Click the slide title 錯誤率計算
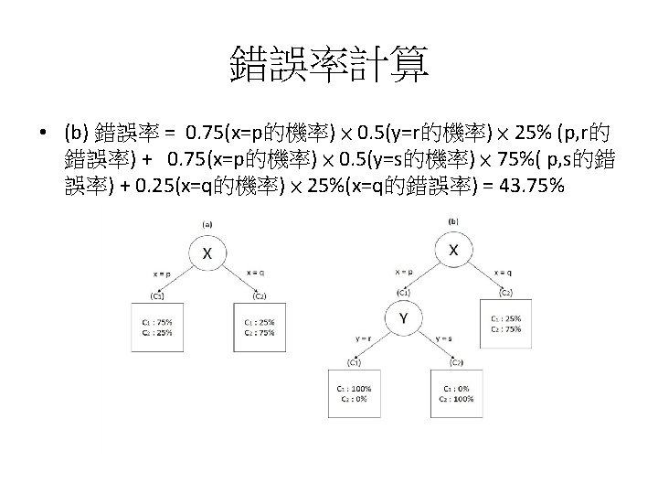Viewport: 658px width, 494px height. [329, 65]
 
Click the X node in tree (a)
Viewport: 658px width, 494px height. [207, 252]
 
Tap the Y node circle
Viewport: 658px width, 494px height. [403, 318]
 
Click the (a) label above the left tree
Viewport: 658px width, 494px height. [207, 222]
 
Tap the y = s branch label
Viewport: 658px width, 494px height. [444, 338]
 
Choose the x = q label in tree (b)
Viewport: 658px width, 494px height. [504, 271]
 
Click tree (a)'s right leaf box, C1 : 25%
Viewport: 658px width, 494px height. [259, 328]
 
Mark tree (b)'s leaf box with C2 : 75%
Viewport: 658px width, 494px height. [504, 323]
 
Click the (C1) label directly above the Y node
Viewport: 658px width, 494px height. [403, 292]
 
